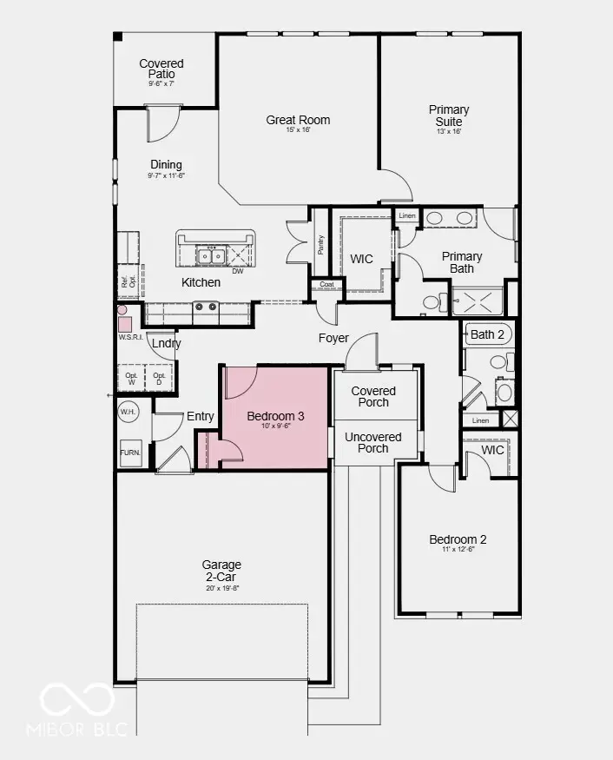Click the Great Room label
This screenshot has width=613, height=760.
coord(298,121)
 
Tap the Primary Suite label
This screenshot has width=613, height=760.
coord(449,116)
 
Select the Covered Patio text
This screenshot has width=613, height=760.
coord(161,69)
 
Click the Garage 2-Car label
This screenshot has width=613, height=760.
coord(222,571)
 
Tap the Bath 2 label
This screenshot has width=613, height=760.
coord(487,334)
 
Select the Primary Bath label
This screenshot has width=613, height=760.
coord(462,262)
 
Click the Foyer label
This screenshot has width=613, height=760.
coord(333,338)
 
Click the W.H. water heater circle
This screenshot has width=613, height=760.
coord(129,412)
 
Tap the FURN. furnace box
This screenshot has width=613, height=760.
coord(130,453)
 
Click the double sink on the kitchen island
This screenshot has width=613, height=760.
coord(211,255)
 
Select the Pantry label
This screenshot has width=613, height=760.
coord(320,245)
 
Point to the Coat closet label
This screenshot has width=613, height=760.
coord(326,284)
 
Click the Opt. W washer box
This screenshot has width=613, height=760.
coord(131,378)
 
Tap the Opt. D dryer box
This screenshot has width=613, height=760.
coord(159,378)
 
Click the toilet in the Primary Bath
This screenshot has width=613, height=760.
coord(432,302)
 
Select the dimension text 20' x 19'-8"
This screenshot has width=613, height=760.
coord(222,588)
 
